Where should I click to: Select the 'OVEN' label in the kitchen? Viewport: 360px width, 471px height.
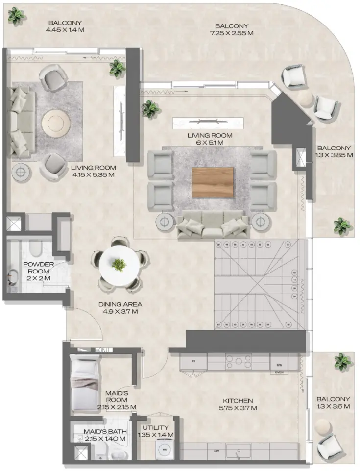(x=280, y=372)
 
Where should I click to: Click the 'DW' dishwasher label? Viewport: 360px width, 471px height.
(x=216, y=450)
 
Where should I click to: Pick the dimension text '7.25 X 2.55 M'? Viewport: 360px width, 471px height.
(x=232, y=33)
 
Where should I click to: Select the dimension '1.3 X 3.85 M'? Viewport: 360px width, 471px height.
(x=334, y=155)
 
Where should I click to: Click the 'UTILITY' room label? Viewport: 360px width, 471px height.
(x=157, y=427)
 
